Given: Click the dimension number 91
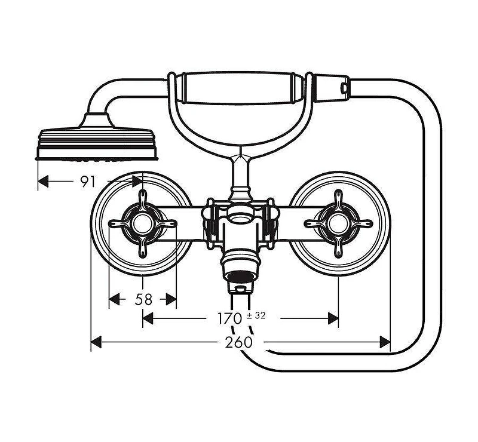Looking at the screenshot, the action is point(88,182).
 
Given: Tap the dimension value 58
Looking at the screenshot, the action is point(143,299).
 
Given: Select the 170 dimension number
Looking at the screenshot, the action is point(229,318).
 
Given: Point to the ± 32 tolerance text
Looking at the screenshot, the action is point(256,315).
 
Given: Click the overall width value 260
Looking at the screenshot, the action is point(238,342).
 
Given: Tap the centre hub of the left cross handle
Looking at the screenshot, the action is point(142,224).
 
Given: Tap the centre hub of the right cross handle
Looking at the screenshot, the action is point(338,224).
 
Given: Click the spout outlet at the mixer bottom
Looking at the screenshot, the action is point(241,277).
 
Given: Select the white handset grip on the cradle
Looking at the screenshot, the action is point(238,88).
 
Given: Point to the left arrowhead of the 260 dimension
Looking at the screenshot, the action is point(96,342).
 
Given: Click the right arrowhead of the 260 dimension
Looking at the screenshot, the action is point(385,342).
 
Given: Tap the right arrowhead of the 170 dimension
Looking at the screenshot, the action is point(333,318).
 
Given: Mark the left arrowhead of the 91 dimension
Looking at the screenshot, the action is point(43,182).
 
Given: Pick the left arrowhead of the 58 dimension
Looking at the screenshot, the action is point(114,299).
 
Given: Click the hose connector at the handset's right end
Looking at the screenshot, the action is point(332,88).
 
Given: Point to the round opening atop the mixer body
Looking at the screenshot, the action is point(241,217).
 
